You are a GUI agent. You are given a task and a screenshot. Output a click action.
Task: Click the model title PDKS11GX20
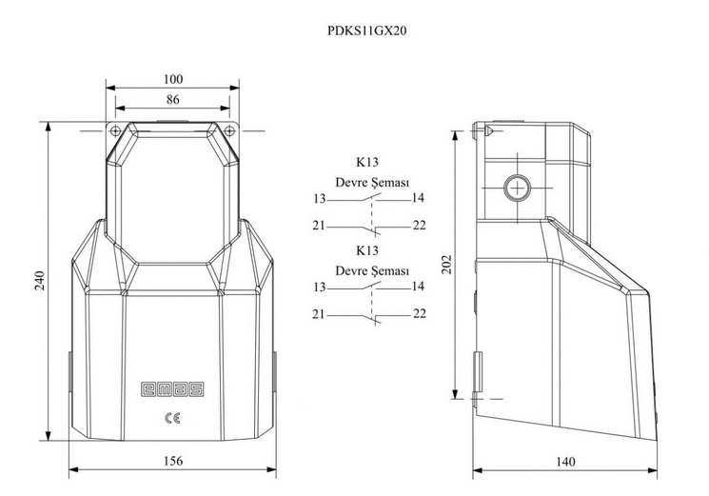point(366,30)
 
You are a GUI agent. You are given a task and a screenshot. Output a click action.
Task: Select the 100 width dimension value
point(172,79)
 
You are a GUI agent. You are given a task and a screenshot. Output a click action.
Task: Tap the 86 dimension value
point(172,99)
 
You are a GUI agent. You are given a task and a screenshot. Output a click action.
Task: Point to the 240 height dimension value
point(40,280)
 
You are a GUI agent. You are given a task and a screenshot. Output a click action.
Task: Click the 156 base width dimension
point(173,461)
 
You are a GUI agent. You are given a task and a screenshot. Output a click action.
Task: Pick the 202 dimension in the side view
point(446,265)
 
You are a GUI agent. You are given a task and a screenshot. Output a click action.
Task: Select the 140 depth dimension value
point(565,462)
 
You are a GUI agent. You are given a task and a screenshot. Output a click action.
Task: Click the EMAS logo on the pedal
point(172,389)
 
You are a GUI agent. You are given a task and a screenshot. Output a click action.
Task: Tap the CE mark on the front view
point(172,418)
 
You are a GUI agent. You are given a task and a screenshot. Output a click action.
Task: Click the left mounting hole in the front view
point(115,130)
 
